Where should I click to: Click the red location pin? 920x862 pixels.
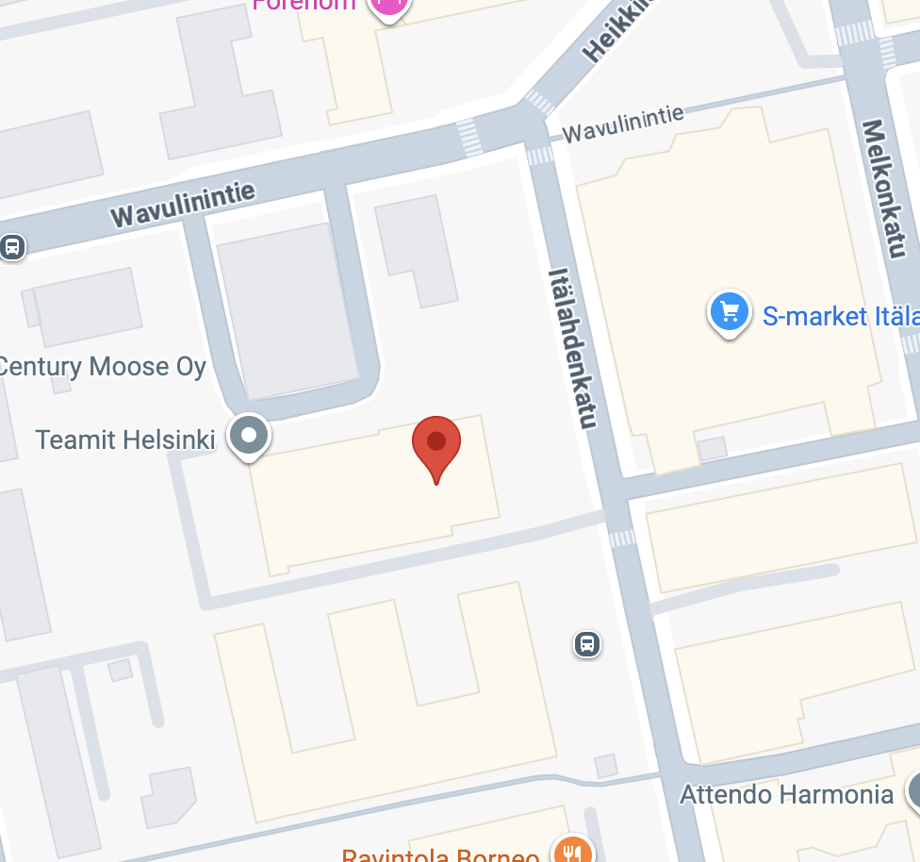tap(436, 443)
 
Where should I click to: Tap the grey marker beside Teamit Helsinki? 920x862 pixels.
tap(250, 437)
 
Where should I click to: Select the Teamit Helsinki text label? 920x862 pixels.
tap(125, 439)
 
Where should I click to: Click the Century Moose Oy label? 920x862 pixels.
tap(102, 366)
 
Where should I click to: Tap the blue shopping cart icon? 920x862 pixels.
tap(729, 311)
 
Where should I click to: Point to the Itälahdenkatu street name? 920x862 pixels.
tap(573, 346)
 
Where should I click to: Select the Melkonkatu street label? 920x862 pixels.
tap(883, 188)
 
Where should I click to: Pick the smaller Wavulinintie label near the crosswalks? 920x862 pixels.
tap(623, 124)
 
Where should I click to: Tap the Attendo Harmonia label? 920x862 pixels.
tap(786, 794)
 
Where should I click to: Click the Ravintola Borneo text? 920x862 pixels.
tap(441, 854)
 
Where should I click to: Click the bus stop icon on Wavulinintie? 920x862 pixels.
tap(12, 247)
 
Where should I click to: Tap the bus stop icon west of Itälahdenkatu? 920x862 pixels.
tap(587, 645)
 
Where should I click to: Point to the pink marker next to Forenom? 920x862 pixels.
tap(389, 6)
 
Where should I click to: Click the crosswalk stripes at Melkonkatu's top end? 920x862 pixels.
tap(856, 33)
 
